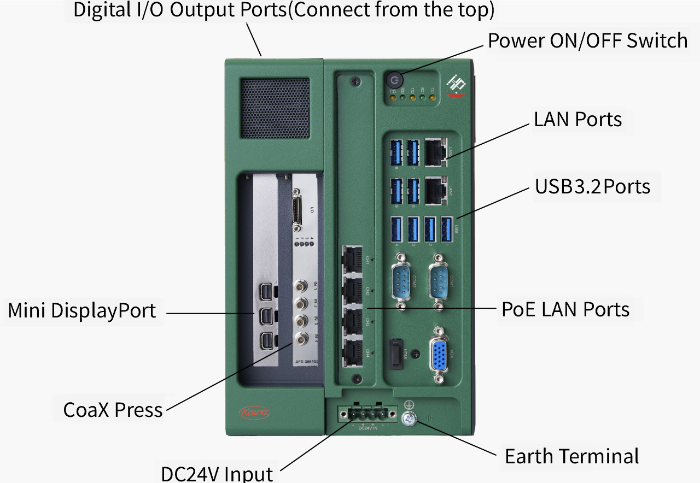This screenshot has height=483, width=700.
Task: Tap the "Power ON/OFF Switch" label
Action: pyautogui.click(x=587, y=40)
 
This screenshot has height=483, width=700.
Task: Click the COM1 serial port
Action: pyautogui.click(x=439, y=282)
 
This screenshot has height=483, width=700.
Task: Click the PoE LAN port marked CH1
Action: pyautogui.click(x=353, y=258)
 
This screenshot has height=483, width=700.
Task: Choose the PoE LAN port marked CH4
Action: pyautogui.click(x=353, y=351)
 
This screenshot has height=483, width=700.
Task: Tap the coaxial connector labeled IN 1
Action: pyautogui.click(x=301, y=286)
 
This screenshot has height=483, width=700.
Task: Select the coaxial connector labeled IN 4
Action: pyautogui.click(x=301, y=338)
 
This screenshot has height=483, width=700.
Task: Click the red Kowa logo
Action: pyautogui.click(x=254, y=413)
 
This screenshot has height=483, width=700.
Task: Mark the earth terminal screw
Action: pyautogui.click(x=408, y=419)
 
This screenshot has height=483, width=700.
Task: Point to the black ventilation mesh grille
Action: pyautogui.click(x=275, y=108)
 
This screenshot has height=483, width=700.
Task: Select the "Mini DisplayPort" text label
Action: pyautogui.click(x=82, y=311)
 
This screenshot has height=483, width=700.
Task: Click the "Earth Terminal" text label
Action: pyautogui.click(x=571, y=456)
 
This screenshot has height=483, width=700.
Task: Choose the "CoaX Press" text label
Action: pyautogui.click(x=113, y=410)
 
